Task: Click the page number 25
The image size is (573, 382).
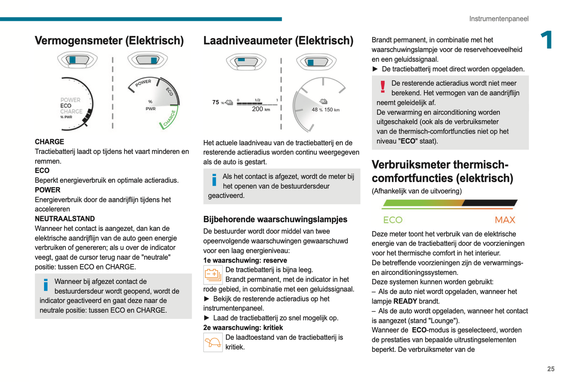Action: point(550,369)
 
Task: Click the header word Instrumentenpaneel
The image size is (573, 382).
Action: point(498,19)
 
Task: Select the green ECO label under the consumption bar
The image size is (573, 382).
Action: point(393,220)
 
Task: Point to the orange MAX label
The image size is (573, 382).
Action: point(505,220)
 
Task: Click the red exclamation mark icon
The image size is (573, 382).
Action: point(383,87)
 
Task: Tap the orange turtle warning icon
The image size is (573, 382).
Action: point(213,342)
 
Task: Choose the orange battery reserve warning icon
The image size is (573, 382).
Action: point(213,275)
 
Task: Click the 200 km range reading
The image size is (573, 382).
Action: point(261,109)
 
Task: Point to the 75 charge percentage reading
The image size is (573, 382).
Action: point(216,102)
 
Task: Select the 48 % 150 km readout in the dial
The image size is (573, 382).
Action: point(326,110)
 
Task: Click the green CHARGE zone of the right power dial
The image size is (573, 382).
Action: point(170,119)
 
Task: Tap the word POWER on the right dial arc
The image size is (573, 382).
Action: point(143,83)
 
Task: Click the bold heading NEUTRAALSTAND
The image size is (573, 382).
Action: point(65,219)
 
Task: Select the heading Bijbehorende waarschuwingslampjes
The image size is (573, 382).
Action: point(275,219)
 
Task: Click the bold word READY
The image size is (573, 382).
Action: point(405,301)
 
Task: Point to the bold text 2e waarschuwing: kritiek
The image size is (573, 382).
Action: point(243,328)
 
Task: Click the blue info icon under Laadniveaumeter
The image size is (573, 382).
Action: point(214,180)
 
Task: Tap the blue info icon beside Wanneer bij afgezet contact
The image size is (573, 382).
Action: point(46,285)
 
